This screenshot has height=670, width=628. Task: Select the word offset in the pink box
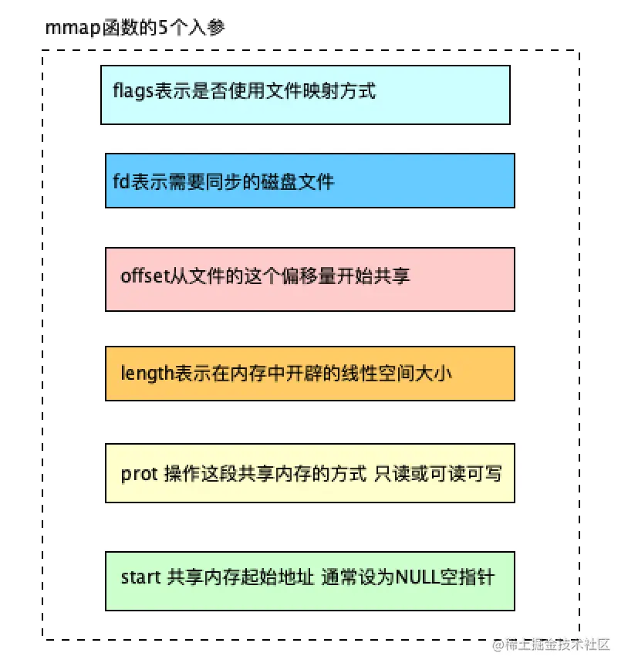tap(140, 276)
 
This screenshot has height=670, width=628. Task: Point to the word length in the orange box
tap(140, 374)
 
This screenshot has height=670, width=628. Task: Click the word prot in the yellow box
tap(137, 473)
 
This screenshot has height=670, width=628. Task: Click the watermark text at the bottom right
tap(551, 644)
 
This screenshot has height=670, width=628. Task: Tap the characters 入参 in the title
tap(209, 29)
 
